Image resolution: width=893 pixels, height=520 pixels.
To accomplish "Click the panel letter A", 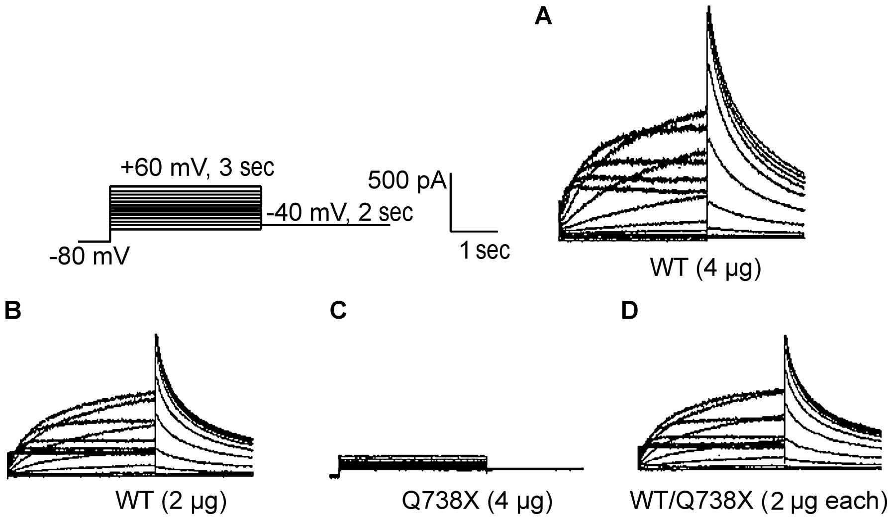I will (543, 17).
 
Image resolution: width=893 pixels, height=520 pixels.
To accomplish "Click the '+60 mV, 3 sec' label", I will (197, 168).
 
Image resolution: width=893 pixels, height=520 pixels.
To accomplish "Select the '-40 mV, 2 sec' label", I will (340, 213).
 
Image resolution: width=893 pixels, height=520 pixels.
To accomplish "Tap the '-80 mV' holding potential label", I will (89, 257).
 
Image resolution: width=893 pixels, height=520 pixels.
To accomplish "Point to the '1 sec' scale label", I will (485, 250).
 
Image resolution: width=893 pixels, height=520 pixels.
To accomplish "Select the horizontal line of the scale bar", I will (474, 231).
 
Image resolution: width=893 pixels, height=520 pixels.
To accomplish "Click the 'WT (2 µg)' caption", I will (171, 501).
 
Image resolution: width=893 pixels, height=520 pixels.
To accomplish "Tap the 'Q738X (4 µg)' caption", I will (477, 501).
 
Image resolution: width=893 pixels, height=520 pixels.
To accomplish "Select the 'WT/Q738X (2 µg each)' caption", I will (758, 501).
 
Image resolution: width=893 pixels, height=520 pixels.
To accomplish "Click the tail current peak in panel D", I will (786, 338).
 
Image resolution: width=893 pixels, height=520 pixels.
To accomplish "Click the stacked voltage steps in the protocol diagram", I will (185, 208).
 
